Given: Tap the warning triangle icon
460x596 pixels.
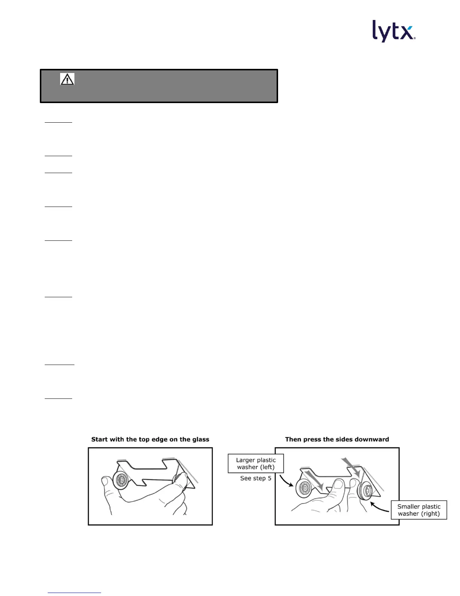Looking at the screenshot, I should (67, 79).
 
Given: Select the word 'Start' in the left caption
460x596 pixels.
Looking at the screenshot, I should (100, 439).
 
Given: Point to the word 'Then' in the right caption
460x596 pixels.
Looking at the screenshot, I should (293, 439).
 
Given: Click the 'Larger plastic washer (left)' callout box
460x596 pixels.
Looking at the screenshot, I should (256, 464).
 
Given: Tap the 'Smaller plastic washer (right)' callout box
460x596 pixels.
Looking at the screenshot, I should (419, 510).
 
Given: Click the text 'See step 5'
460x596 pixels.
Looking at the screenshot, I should (256, 478).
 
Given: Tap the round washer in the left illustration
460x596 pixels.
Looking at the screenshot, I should (121, 480).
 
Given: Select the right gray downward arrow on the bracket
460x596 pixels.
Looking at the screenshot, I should (352, 467).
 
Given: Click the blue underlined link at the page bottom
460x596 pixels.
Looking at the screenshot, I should (74, 592).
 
